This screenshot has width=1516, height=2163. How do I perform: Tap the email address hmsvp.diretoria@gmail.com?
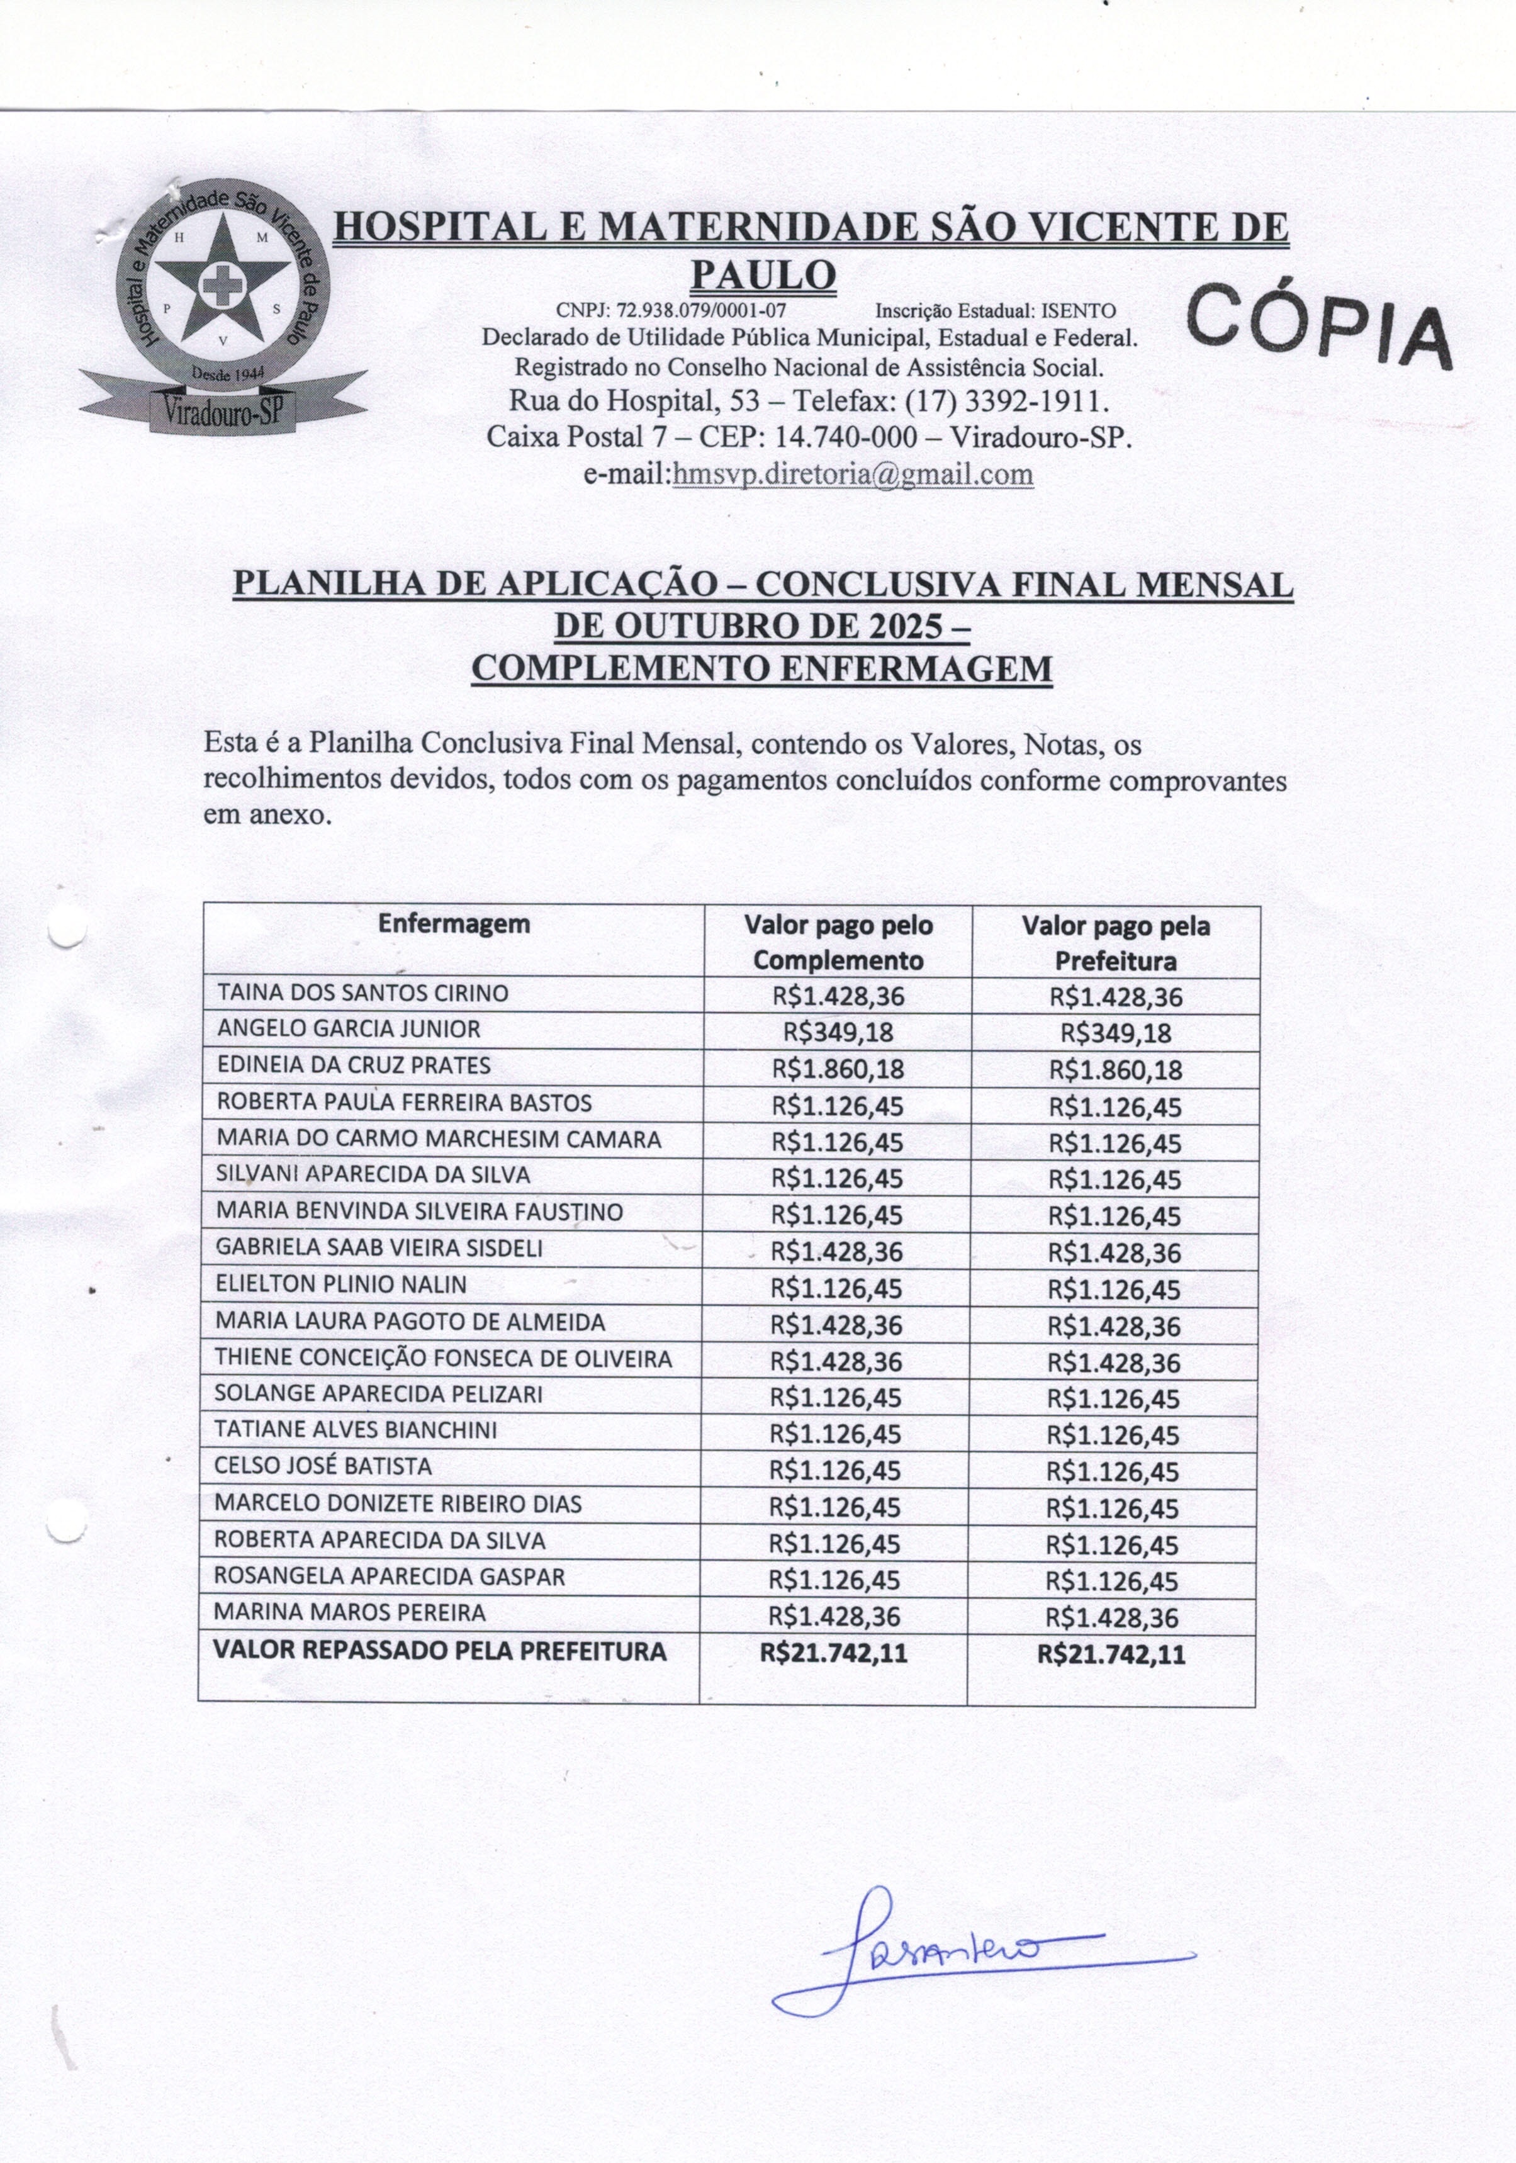click(x=853, y=474)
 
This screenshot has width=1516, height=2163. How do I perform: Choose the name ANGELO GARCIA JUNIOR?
click(x=349, y=1029)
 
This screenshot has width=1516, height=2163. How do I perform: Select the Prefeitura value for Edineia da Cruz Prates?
click(x=1116, y=1070)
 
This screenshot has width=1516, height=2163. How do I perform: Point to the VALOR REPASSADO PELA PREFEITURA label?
click(x=440, y=1651)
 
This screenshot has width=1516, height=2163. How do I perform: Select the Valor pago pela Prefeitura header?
click(x=1116, y=943)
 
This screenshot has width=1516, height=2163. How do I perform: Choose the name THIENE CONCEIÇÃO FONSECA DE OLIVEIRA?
click(x=443, y=1359)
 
